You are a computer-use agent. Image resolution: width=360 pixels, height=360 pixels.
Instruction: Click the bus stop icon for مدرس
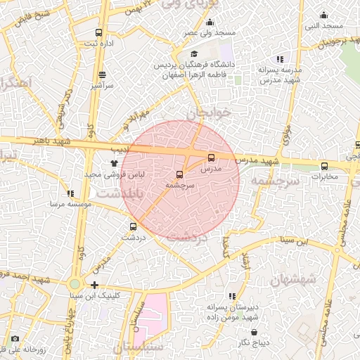pyautogui.click(x=212, y=157)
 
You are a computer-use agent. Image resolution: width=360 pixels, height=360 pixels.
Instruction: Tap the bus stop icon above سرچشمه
pyautogui.click(x=179, y=174)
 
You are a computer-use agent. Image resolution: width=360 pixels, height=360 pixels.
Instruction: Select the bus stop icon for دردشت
pyautogui.click(x=133, y=226)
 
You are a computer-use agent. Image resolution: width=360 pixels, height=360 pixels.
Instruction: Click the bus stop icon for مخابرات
pyautogui.click(x=324, y=166)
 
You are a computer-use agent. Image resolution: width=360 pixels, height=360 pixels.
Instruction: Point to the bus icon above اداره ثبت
pyautogui.click(x=98, y=32)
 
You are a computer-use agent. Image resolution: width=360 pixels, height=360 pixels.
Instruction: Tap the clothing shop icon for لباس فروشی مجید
pyautogui.click(x=113, y=162)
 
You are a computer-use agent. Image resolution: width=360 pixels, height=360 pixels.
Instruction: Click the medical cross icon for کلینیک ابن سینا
pyautogui.click(x=95, y=285)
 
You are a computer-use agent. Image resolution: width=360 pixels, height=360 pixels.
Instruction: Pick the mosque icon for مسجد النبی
pyautogui.click(x=324, y=15)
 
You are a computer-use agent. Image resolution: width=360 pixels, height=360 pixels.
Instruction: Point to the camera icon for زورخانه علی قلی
pyautogui.click(x=15, y=338)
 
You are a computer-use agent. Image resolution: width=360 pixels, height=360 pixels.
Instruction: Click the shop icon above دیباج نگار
pyautogui.click(x=254, y=332)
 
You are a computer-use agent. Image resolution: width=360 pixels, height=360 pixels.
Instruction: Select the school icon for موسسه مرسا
pyautogui.click(x=69, y=193)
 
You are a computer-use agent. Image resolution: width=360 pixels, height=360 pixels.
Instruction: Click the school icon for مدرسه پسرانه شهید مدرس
pyautogui.click(x=280, y=60)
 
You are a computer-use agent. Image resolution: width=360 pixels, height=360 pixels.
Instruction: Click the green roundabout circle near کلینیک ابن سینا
pyautogui.click(x=75, y=284)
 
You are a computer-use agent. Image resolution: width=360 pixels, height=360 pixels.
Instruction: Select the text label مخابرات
pyautogui.click(x=324, y=176)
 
